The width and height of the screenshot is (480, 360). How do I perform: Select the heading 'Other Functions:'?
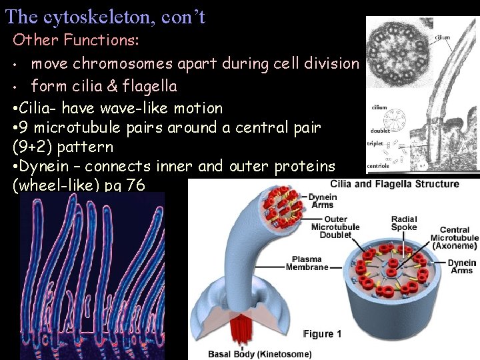(x=76, y=40)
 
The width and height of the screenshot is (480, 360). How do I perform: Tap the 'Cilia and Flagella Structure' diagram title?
(x=395, y=184)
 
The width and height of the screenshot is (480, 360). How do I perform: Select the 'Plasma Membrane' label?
(x=307, y=263)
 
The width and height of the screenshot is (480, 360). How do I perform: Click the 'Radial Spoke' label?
(x=404, y=223)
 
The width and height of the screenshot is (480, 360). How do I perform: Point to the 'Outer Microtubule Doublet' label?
(x=335, y=227)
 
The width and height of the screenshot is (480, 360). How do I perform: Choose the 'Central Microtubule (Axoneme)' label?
(x=455, y=237)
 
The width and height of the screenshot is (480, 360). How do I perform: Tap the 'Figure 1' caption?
(x=323, y=334)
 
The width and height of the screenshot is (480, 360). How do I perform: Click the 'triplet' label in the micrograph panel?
(x=375, y=143)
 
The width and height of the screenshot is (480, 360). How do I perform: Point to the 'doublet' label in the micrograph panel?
(x=380, y=131)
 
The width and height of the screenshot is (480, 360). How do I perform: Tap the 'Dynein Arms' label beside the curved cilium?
(x=323, y=201)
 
